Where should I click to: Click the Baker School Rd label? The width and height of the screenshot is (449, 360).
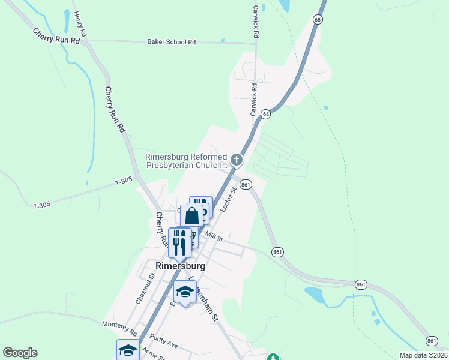(172, 42)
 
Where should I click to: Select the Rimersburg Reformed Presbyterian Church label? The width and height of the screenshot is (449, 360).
(186, 162)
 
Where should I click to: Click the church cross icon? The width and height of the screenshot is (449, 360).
(237, 160)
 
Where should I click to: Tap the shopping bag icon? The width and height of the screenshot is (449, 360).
(193, 215)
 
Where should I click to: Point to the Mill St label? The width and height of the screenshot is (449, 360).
(214, 237)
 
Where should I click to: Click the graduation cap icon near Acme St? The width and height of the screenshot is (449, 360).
(128, 350)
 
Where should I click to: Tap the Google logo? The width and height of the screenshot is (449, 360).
(20, 353)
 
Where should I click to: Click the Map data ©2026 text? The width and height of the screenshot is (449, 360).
(423, 355)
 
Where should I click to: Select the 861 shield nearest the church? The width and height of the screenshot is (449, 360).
(245, 185)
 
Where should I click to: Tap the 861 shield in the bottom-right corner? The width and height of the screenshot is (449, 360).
(432, 341)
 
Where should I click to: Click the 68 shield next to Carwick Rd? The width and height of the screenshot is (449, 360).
(265, 113)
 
